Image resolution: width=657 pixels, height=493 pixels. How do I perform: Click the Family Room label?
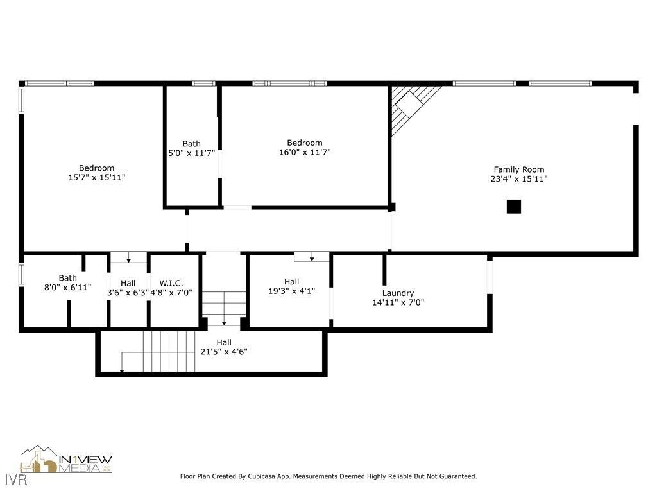[518, 169]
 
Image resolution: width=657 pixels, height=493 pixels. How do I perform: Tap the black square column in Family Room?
[513, 207]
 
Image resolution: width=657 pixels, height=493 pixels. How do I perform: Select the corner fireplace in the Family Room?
[411, 106]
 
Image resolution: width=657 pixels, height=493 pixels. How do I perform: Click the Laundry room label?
[398, 293]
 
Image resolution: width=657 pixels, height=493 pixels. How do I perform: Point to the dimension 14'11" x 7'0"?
[398, 302]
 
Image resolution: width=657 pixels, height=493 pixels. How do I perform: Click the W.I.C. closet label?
[171, 282]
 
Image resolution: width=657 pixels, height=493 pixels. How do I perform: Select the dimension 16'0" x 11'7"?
[305, 152]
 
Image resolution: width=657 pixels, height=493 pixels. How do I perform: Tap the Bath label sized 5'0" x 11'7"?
[191, 144]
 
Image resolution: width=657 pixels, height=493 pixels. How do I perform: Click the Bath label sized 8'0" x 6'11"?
[67, 278]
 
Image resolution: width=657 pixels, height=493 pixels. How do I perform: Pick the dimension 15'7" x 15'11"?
[96, 177]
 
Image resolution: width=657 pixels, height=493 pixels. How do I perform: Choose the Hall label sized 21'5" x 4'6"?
[224, 342]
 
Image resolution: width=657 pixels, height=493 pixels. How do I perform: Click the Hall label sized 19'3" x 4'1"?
[291, 281]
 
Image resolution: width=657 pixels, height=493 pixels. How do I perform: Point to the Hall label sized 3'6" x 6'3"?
[128, 282]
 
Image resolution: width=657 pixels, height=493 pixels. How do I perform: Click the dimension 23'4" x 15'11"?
[518, 179]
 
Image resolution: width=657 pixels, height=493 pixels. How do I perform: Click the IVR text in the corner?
[10, 480]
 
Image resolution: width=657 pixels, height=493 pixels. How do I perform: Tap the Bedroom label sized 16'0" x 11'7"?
[305, 143]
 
